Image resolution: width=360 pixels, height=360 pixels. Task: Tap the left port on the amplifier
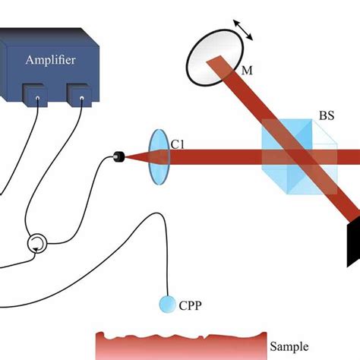[36, 95]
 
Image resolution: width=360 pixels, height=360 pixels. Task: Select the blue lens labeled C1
[157, 157]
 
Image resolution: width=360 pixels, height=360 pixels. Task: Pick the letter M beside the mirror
[247, 70]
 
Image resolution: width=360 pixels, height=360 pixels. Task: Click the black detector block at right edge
[354, 235]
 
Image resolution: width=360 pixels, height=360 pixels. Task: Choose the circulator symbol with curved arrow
[36, 244]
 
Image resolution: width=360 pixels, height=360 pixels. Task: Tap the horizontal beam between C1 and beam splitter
[213, 157]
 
